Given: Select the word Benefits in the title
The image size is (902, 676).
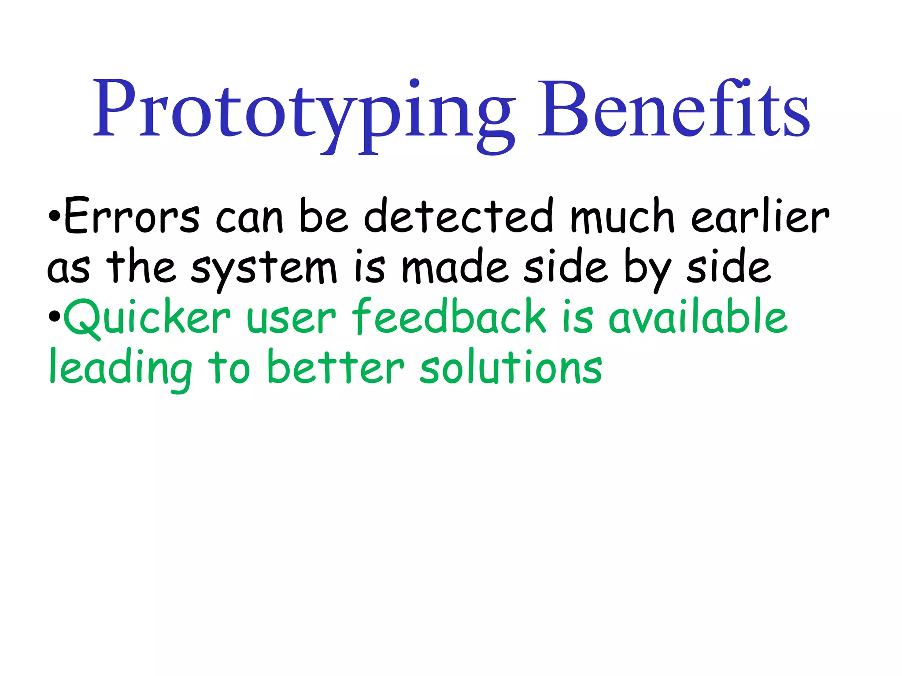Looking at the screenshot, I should tap(673, 110).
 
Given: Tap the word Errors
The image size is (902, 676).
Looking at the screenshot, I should tap(132, 217).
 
